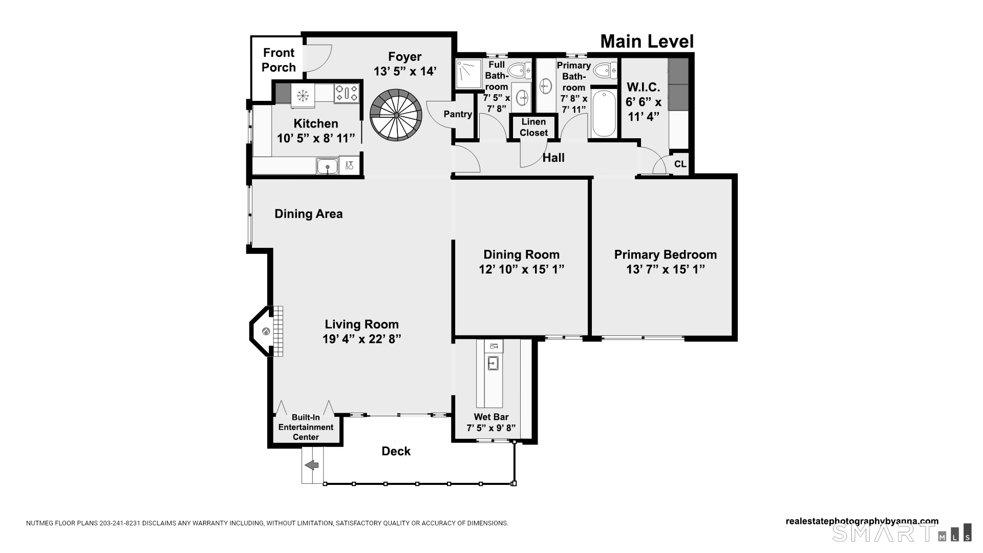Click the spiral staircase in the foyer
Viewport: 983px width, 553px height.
(x=396, y=116)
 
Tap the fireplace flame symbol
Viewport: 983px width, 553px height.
(x=266, y=331)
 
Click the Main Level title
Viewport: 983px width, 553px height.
(x=647, y=41)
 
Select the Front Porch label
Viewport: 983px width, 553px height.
(x=279, y=60)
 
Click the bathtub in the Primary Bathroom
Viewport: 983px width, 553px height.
(x=605, y=113)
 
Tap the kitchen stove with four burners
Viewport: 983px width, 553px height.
(x=347, y=94)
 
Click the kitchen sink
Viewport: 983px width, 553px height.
(x=327, y=166)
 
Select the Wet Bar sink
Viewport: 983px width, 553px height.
(x=493, y=363)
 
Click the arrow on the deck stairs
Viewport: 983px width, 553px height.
(x=312, y=465)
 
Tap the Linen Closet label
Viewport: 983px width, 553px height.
(x=533, y=127)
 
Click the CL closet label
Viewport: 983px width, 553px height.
(x=680, y=164)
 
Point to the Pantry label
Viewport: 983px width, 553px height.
(x=458, y=114)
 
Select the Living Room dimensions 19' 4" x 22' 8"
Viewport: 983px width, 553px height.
(x=361, y=339)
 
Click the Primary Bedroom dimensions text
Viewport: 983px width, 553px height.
(x=665, y=269)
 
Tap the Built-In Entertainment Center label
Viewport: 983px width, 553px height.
(x=306, y=427)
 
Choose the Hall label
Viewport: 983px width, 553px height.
(x=553, y=158)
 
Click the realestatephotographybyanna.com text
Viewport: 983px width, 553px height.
(x=862, y=521)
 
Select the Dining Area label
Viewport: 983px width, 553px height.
(x=308, y=214)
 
